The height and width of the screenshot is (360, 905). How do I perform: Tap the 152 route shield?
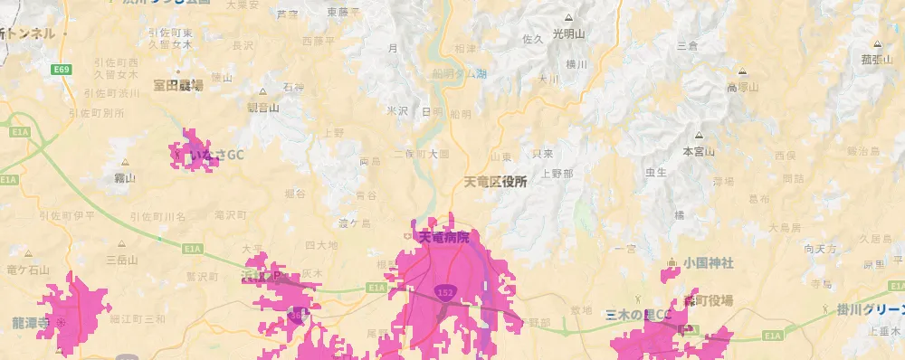[x=444, y=294]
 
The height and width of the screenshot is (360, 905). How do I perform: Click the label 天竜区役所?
[x=495, y=182]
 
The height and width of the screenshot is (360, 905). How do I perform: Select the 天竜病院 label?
[x=444, y=237]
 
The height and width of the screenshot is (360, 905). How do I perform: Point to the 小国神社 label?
[x=709, y=263]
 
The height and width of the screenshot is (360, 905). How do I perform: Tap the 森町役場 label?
[x=709, y=300]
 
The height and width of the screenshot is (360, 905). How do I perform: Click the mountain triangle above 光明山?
[x=568, y=18]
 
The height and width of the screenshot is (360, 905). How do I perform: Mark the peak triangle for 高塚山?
[x=742, y=72]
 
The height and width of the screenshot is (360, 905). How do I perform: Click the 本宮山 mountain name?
[x=699, y=151]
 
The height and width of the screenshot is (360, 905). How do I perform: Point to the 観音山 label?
[x=263, y=106]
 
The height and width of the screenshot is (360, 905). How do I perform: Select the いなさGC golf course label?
[x=216, y=155]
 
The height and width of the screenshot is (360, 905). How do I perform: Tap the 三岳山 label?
[x=121, y=260]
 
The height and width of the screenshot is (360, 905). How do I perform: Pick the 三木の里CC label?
[x=639, y=315]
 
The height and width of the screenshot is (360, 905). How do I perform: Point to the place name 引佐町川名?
[x=157, y=216]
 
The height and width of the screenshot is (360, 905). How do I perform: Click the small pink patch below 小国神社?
[x=670, y=272]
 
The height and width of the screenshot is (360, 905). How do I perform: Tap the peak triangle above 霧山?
[x=125, y=164]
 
